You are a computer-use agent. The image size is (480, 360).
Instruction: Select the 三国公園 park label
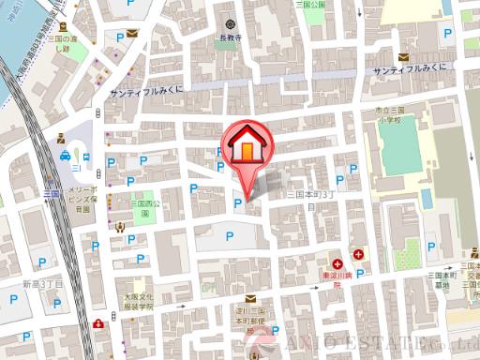(x=310, y=5)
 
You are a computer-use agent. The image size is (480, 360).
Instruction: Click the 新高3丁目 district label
(x=42, y=282)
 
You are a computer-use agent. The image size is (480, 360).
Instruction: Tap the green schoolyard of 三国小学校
(x=397, y=150)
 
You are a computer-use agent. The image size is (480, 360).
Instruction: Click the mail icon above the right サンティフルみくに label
(x=403, y=56)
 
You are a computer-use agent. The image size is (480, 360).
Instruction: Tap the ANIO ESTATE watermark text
(x=375, y=346)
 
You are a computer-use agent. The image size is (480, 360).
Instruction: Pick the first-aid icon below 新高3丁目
(x=98, y=324)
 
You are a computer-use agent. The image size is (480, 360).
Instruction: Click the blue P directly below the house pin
(x=237, y=202)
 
